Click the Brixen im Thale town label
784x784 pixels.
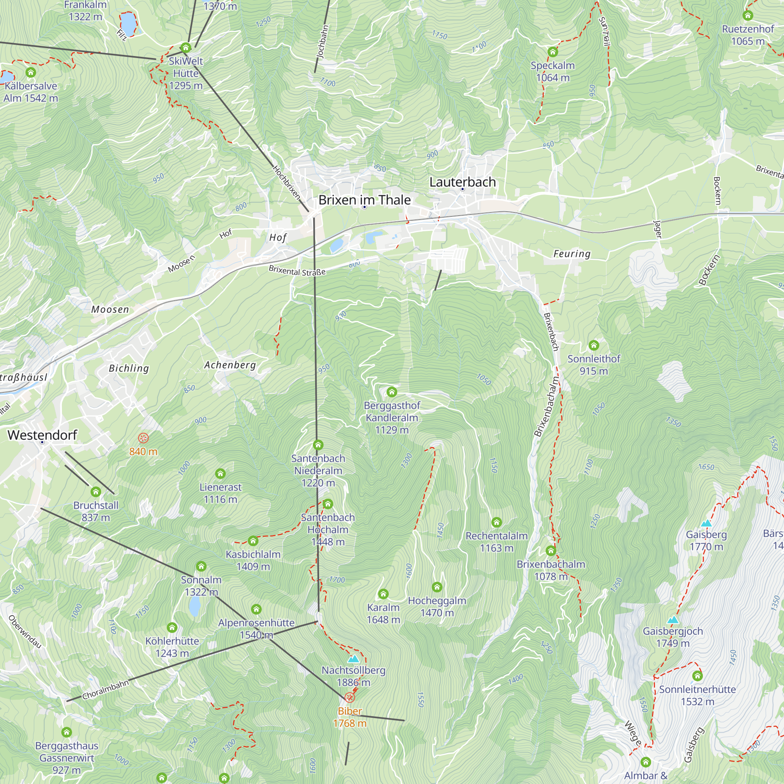(x=364, y=200)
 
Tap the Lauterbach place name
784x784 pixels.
(x=462, y=182)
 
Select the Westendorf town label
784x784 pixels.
(x=42, y=435)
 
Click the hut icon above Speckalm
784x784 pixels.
(x=552, y=52)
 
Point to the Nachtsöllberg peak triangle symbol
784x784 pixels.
(x=353, y=659)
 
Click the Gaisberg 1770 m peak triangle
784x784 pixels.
(x=706, y=523)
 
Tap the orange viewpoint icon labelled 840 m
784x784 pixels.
(x=143, y=438)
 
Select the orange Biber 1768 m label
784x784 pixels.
(x=349, y=717)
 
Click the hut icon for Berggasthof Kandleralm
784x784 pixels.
(x=391, y=392)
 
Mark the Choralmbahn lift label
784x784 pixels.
(x=105, y=690)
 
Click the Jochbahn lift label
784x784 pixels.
(x=322, y=42)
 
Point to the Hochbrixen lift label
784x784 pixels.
(x=286, y=182)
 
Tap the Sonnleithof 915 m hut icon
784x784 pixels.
(x=593, y=345)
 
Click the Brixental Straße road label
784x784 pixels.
(x=297, y=271)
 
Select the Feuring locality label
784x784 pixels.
(x=572, y=254)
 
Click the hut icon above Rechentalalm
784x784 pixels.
(x=496, y=522)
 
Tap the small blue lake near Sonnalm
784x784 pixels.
(x=194, y=607)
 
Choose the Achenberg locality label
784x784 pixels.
(x=230, y=365)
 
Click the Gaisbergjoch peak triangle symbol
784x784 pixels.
(x=672, y=620)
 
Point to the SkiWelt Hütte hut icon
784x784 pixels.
(x=185, y=47)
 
